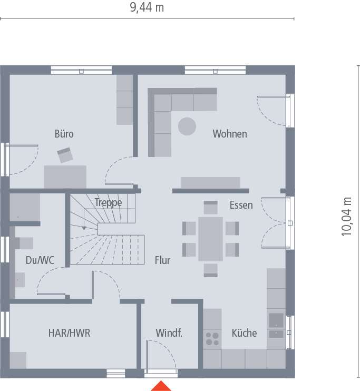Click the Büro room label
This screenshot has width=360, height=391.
click(x=64, y=134)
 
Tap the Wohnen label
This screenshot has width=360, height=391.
click(x=230, y=134)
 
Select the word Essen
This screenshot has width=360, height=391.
click(x=241, y=205)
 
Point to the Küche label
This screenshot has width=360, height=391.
click(x=244, y=333)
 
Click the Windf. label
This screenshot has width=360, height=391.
click(x=169, y=333)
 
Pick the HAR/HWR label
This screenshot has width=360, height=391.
click(x=70, y=333)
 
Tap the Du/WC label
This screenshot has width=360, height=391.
click(x=40, y=260)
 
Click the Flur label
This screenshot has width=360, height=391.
click(x=162, y=260)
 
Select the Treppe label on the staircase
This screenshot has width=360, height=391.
click(x=108, y=202)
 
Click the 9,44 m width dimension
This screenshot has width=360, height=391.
click(x=147, y=7)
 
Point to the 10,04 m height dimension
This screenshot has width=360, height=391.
click(x=346, y=216)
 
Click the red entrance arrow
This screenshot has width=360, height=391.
click(x=161, y=386)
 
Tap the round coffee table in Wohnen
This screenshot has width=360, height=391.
click(x=187, y=126)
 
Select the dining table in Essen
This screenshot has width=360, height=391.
click(x=210, y=239)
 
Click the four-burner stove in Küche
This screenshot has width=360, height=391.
click(x=212, y=339)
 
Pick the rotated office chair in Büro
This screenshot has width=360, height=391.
click(x=65, y=155)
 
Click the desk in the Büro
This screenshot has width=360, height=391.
click(x=65, y=177)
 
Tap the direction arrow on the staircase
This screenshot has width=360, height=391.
click(x=84, y=228)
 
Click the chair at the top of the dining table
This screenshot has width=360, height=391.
click(x=210, y=207)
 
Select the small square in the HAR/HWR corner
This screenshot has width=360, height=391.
click(x=18, y=360)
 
